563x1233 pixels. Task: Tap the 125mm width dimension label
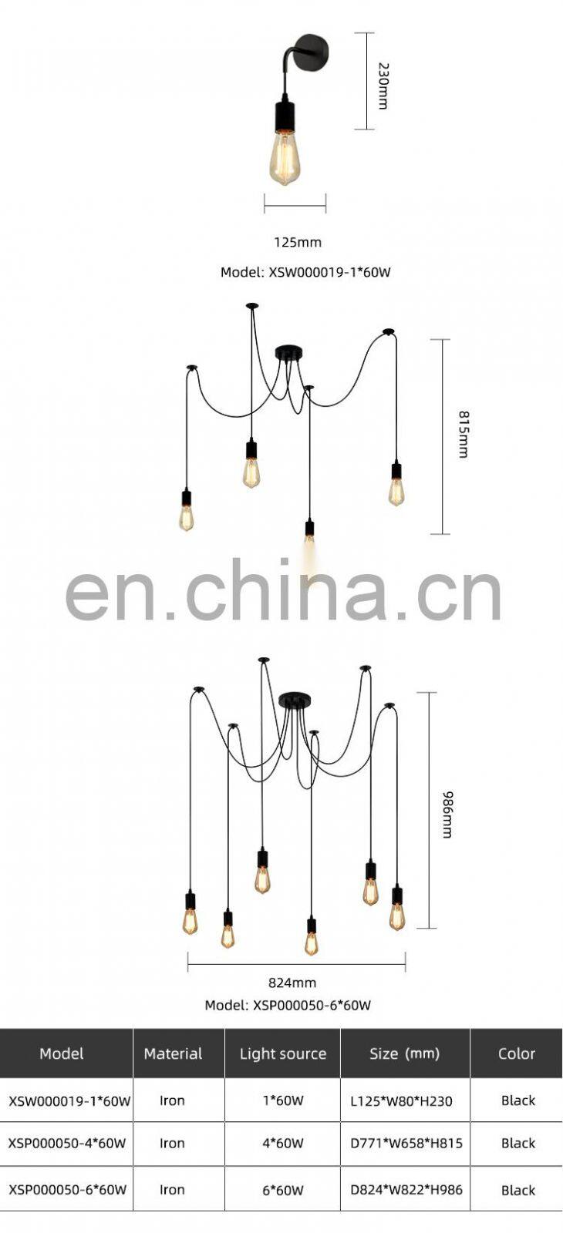click(298, 242)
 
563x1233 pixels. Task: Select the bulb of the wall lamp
click(284, 157)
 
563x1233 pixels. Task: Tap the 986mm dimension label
click(447, 813)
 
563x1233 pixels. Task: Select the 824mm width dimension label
click(292, 983)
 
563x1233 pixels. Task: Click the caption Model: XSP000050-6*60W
click(288, 1005)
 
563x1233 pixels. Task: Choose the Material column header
click(173, 1053)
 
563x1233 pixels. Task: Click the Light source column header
click(283, 1053)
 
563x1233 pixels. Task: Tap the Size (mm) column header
click(404, 1053)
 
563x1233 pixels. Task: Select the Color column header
click(517, 1053)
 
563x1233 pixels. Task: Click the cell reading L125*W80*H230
click(401, 1101)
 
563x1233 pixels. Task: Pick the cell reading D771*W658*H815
click(406, 1144)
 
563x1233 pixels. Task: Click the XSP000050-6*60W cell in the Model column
click(67, 1189)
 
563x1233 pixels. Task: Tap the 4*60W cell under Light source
click(283, 1144)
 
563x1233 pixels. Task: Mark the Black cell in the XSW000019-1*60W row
click(517, 1100)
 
